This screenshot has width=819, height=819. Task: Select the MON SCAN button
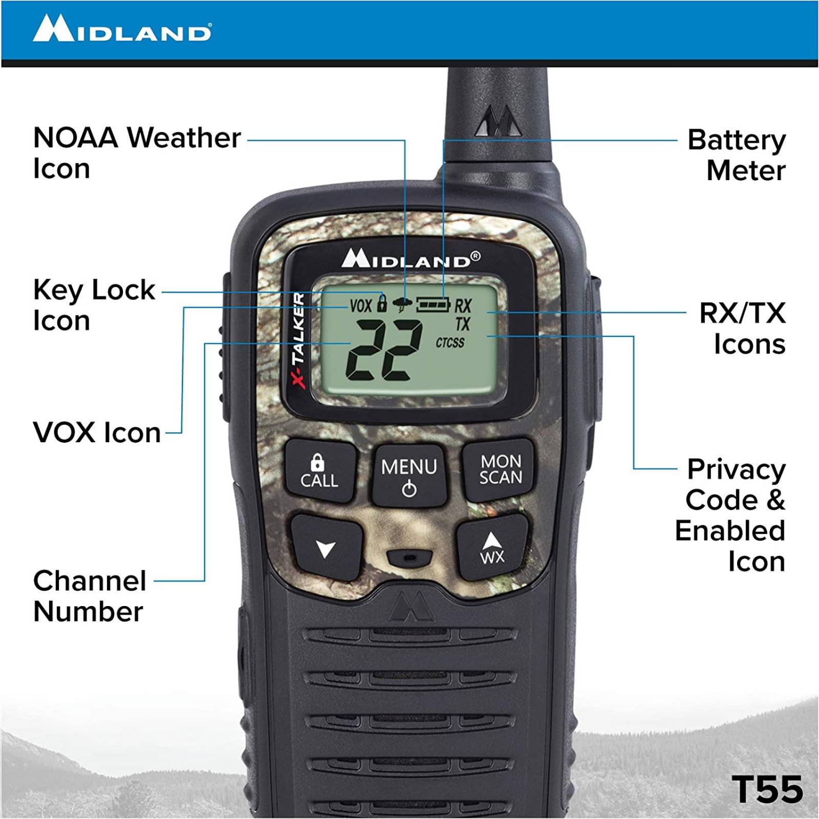point(500,469)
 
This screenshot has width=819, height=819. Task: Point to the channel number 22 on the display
point(384,350)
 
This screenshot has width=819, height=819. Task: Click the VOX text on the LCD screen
point(360,306)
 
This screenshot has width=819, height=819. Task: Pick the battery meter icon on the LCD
point(433,305)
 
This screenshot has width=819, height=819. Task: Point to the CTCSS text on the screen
point(450,342)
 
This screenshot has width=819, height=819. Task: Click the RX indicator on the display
point(463,306)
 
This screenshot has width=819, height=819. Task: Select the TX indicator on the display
point(463,324)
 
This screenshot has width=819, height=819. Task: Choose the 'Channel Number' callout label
point(90,596)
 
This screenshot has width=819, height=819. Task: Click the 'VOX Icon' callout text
point(97,433)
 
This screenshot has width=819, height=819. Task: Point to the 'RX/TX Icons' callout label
point(742,328)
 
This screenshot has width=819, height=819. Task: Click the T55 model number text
point(767,789)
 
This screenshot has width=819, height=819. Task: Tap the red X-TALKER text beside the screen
point(298,340)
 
